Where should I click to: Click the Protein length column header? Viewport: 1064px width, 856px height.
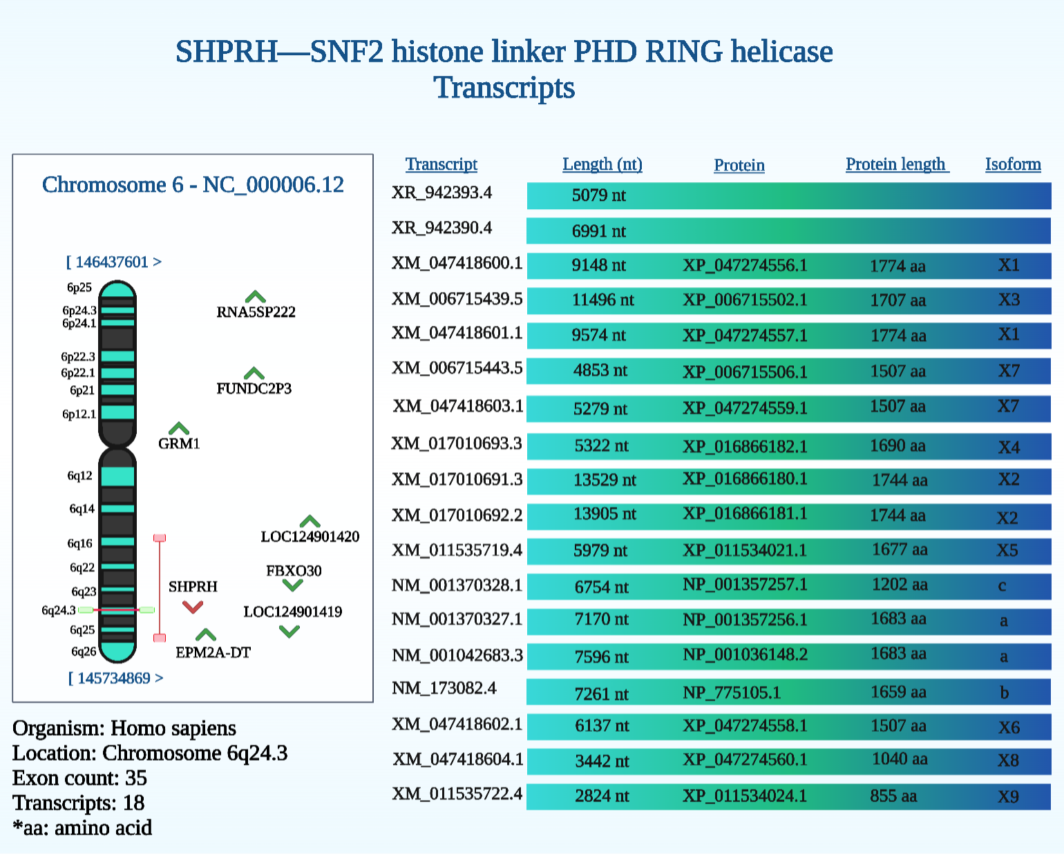point(897,164)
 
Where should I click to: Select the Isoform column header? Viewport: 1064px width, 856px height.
point(1013,164)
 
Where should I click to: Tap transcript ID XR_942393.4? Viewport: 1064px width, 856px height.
point(441,193)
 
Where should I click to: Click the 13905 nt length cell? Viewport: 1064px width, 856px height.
point(605,514)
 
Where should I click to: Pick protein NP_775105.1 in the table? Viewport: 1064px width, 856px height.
point(732,693)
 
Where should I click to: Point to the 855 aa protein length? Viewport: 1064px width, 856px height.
point(893,796)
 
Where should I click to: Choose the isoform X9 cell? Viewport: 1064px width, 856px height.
point(1008,797)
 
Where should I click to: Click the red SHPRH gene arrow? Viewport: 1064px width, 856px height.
point(192,607)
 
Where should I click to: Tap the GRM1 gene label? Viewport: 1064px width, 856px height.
point(179,444)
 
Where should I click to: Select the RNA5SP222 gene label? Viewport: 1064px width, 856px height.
point(256,312)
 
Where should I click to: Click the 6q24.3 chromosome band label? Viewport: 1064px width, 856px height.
point(58,610)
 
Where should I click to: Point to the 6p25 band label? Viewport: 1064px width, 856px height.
point(79,287)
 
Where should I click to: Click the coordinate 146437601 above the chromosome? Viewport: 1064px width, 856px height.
point(112,262)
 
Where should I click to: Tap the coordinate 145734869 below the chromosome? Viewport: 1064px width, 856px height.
point(114,678)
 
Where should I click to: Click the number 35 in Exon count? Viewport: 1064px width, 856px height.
point(136,779)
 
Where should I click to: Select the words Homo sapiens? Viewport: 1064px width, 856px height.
point(173,728)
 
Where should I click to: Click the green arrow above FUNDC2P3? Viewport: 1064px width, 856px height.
point(254,373)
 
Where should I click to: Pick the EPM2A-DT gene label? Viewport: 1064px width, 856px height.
point(213,653)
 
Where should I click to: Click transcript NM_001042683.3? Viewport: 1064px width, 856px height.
point(457,655)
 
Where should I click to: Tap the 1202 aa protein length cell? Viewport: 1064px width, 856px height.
point(900,585)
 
